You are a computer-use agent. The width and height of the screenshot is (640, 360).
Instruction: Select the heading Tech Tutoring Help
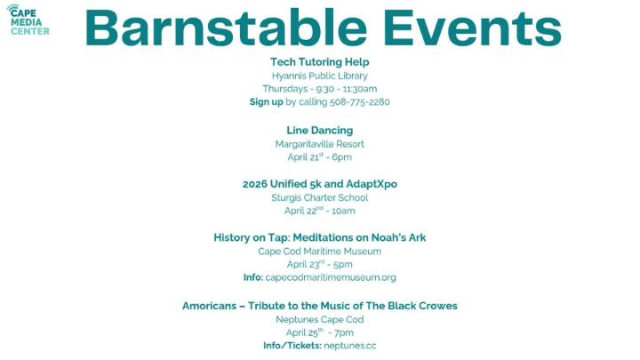319,62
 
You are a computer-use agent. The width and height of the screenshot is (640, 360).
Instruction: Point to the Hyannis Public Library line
319,76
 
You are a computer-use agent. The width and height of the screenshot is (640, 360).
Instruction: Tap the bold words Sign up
266,102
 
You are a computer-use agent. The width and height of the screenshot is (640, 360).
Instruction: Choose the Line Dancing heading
319,130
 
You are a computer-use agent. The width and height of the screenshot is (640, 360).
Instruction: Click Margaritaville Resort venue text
319,143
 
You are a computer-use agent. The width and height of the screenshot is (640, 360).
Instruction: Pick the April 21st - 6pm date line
319,157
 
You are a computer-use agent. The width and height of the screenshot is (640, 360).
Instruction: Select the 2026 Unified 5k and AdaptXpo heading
319,184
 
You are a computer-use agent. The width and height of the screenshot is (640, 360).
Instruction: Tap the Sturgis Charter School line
319,197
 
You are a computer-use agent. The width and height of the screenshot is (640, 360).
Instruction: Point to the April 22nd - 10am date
319,211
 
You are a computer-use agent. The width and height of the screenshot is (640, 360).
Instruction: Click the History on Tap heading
319,237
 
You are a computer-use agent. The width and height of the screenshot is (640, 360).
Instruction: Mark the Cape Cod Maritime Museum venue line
319,251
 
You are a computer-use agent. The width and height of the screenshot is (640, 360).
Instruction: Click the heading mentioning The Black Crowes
319,305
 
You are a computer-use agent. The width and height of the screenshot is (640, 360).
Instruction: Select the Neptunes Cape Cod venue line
319,318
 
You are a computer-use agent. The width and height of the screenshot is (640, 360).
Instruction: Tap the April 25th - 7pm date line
319,332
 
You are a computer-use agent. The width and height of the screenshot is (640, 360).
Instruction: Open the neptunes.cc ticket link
349,346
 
